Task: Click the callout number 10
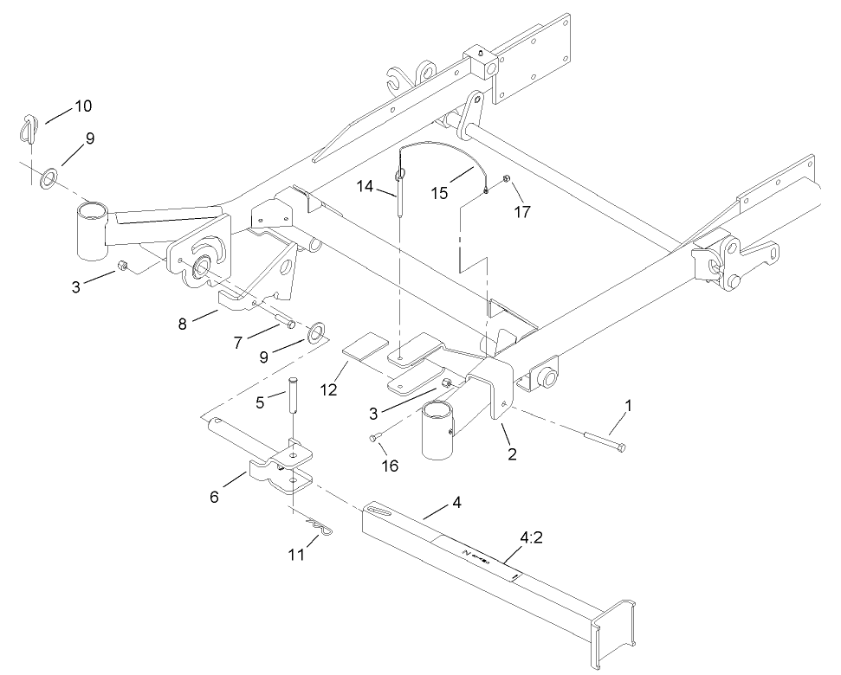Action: pyautogui.click(x=82, y=106)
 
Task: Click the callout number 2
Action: pyautogui.click(x=513, y=453)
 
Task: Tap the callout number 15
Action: pyautogui.click(x=440, y=192)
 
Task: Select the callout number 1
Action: pyautogui.click(x=629, y=403)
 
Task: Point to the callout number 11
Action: pyautogui.click(x=296, y=555)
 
